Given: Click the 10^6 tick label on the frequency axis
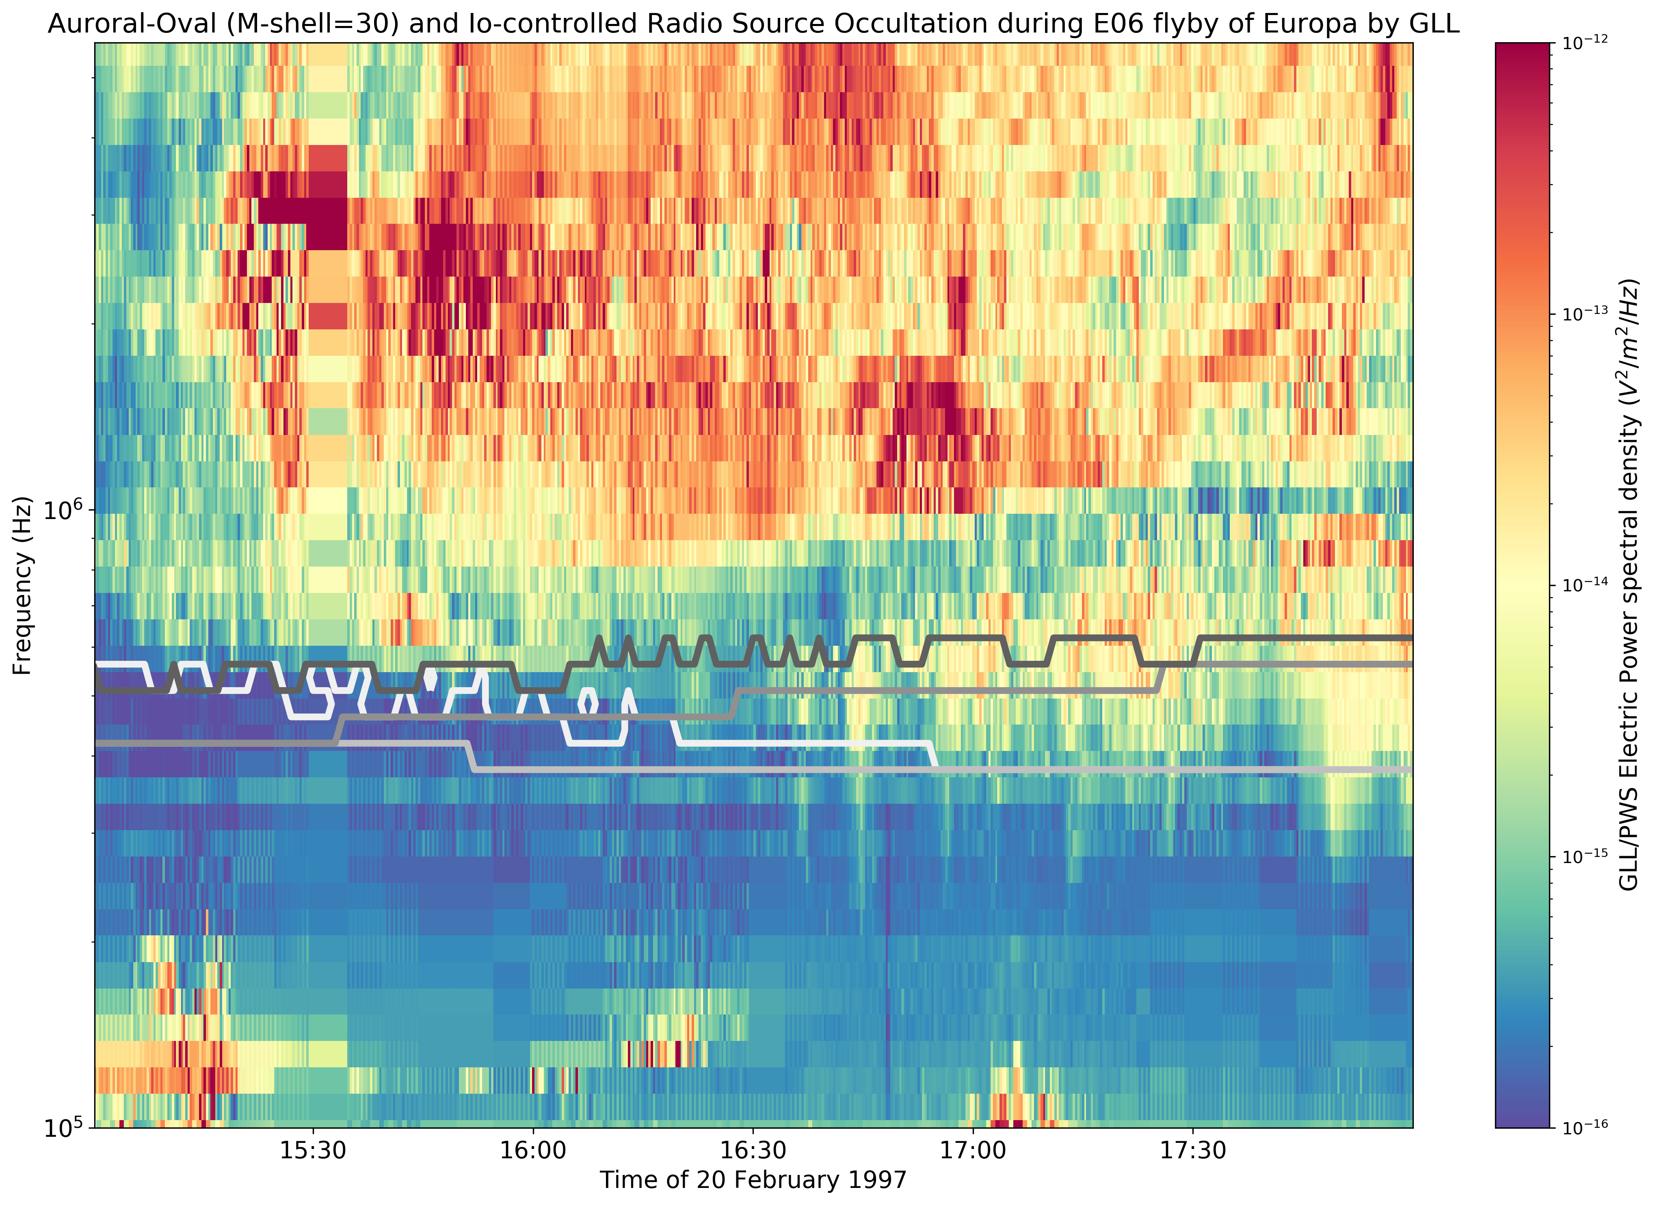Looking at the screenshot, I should click(x=64, y=510).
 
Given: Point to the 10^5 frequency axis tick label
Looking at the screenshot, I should click(x=64, y=1128).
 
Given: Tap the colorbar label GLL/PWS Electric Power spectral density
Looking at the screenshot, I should click(x=1629, y=584).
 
